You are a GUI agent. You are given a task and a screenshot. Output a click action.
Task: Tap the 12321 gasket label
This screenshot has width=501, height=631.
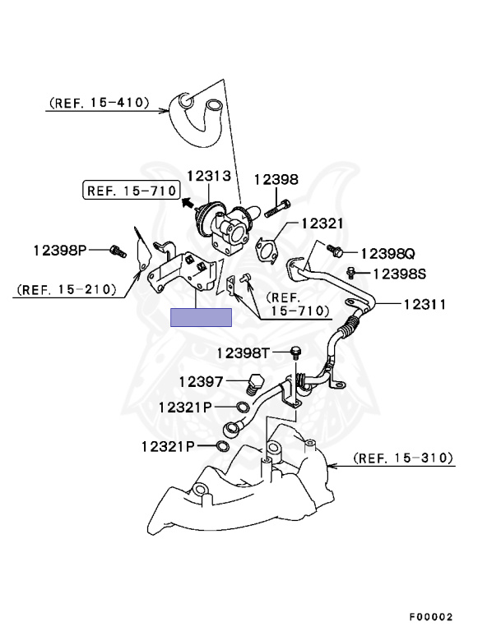pyautogui.click(x=322, y=223)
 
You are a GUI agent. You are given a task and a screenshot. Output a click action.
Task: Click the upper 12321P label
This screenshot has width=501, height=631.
pyautogui.click(x=185, y=407)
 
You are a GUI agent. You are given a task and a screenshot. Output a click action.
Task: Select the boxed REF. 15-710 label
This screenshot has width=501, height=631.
pyautogui.click(x=130, y=191)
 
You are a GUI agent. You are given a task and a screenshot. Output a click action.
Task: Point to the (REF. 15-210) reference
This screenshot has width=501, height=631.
pyautogui.click(x=65, y=289)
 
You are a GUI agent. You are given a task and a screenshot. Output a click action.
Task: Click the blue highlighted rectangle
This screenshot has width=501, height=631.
pyautogui.click(x=201, y=318)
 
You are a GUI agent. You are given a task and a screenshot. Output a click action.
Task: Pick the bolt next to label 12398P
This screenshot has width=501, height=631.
pyautogui.click(x=117, y=248)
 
